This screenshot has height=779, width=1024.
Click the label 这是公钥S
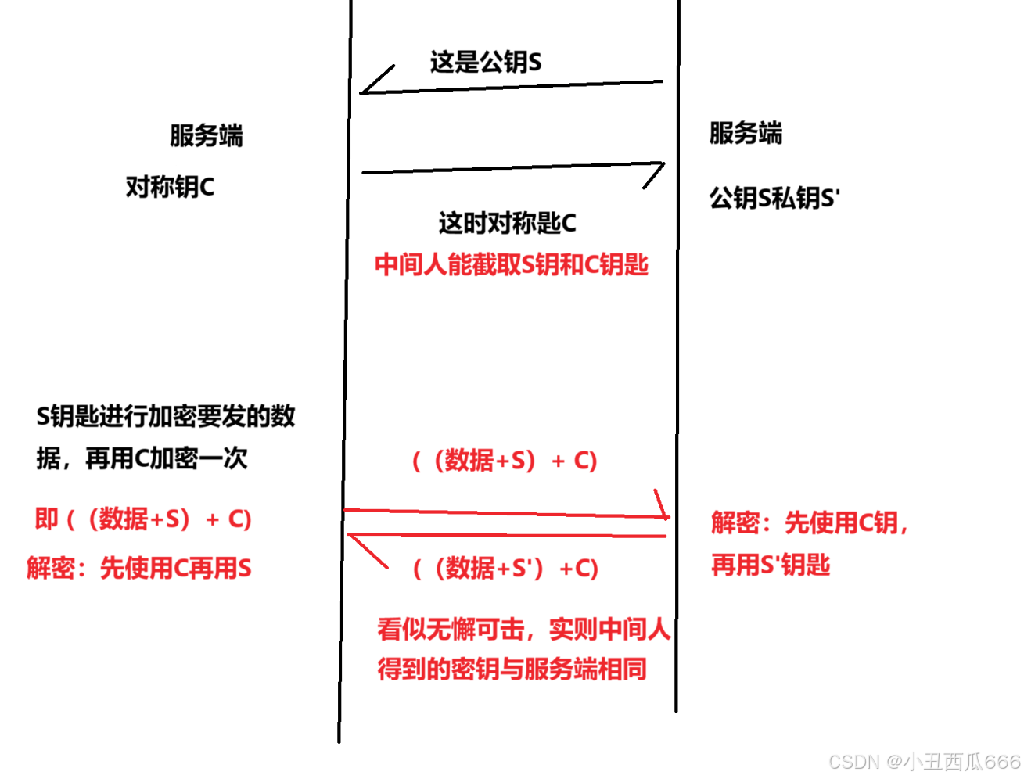pos(485,62)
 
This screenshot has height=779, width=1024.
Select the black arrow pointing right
pos(512,168)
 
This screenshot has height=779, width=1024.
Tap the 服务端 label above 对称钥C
pos(207,135)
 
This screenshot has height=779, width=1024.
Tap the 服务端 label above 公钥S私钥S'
pos(746,133)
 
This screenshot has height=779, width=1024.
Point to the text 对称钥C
pos(170,187)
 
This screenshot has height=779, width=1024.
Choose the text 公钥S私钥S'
pos(774,198)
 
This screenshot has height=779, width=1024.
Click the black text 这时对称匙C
pos(507,223)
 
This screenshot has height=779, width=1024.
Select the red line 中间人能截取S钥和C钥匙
pos(512,264)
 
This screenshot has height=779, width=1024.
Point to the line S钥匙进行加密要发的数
pos(166,416)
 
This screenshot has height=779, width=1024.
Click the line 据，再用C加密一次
pos(142,458)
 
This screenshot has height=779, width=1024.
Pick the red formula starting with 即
pos(143,519)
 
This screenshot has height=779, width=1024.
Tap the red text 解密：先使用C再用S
pos(139,568)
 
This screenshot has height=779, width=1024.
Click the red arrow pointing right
pos(507,513)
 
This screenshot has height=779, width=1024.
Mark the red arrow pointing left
pos(507,536)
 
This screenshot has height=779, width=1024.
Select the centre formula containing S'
pos(505,568)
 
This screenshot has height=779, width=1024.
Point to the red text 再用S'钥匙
pos(771,564)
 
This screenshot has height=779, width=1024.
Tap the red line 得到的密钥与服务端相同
pos(512,669)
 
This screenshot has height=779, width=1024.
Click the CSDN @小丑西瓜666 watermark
pos(925,761)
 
